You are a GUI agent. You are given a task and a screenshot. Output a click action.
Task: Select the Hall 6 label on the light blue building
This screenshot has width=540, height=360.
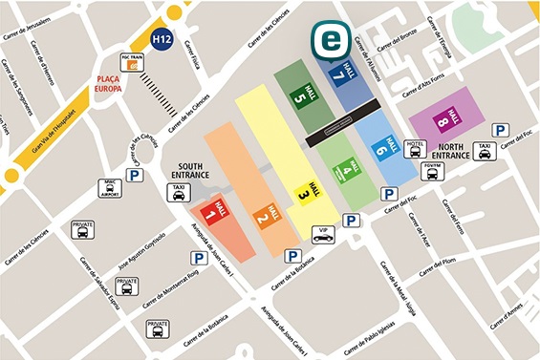point(383,146)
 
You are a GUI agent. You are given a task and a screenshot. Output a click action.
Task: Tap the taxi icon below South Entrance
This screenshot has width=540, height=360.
point(177,193)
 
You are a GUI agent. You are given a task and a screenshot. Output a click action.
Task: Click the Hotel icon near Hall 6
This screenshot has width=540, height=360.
point(415,149)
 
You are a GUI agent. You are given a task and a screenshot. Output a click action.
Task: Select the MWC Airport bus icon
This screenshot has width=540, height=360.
point(110,187)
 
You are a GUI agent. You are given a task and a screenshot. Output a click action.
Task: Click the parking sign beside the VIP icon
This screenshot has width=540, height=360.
point(352,221)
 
